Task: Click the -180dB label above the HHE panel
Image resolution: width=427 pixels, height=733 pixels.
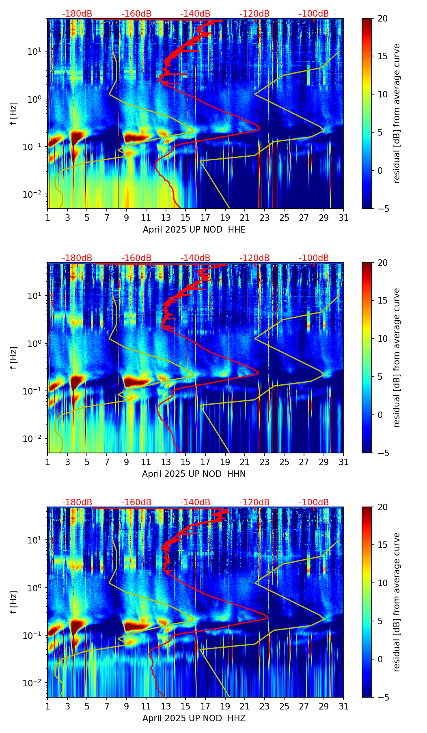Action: (x=77, y=14)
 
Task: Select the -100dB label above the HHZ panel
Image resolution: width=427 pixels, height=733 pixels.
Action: (x=314, y=502)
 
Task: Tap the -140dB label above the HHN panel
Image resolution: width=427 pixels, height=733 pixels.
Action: (x=195, y=258)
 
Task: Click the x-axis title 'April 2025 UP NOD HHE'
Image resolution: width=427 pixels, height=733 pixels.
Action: (x=194, y=230)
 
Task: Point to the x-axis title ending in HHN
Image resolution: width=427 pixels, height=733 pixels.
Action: (x=194, y=474)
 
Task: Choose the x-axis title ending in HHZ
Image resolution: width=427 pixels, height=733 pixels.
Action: (x=194, y=718)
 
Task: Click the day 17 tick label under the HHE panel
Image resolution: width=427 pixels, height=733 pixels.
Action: (x=205, y=218)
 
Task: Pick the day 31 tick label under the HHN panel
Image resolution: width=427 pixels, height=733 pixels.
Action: (x=343, y=462)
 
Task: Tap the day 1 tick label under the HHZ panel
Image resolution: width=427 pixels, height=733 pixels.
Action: (x=47, y=707)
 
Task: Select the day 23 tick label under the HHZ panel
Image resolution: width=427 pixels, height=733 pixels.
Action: (x=265, y=707)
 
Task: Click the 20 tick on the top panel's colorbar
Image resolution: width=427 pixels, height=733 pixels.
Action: (x=382, y=19)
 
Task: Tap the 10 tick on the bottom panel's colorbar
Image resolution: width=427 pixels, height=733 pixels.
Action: (x=382, y=583)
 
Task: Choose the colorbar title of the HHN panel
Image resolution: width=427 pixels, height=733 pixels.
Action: (x=397, y=358)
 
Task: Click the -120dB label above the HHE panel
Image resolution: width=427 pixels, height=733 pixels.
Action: (x=254, y=14)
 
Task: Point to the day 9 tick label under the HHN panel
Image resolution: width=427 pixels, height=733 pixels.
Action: (x=126, y=462)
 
